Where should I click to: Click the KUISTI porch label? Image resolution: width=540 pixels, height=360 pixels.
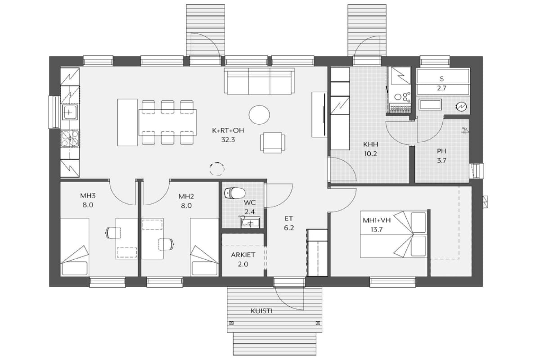pos(261,311)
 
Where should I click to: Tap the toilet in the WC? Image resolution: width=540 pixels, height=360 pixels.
pos(234,193)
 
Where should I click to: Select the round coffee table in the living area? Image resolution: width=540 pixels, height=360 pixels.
pos(259,115)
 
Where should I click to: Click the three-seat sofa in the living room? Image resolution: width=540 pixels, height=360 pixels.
pos(259,81)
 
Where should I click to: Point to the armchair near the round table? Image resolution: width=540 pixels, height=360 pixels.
pos(273,143)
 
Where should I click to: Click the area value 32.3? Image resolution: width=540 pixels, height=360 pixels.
pos(228,140)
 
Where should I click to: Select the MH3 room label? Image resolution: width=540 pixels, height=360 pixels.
pos(88,196)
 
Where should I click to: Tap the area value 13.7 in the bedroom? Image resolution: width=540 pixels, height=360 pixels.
pos(377,229)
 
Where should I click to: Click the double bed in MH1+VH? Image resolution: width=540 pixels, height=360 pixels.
pos(394,234)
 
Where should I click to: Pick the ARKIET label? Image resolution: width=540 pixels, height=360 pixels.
pos(243,255)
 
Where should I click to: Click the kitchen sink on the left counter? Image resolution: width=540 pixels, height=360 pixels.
pos(70,112)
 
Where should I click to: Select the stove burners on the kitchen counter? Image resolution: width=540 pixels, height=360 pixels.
pos(70,139)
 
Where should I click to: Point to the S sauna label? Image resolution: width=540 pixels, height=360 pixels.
pos(441,79)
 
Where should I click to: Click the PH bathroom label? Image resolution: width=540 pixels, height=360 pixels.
pos(441,151)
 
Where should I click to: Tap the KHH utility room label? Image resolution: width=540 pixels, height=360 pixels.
pos(370,144)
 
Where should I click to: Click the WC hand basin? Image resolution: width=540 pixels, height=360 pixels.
pos(250,222)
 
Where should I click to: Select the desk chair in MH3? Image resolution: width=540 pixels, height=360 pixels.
pos(113,233)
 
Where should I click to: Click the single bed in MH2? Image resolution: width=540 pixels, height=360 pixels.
pos(204,247)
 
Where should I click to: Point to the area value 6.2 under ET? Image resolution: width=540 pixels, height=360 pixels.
pos(289,228)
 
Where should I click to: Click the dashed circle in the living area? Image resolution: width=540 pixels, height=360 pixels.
pos(217,169)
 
